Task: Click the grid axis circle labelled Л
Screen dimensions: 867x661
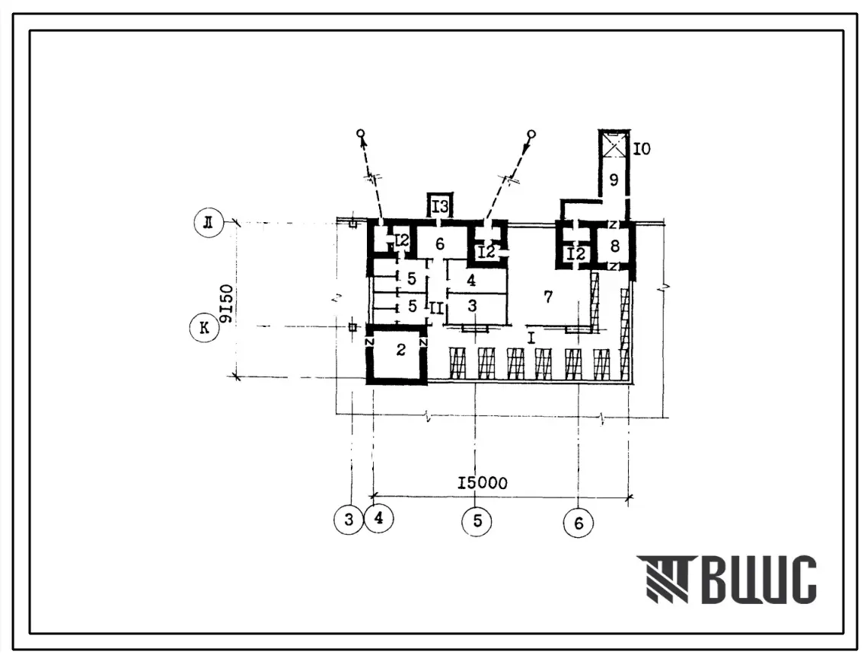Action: point(209,223)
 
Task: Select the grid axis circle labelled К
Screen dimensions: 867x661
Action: point(204,328)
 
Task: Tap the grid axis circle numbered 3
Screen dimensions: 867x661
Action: point(349,520)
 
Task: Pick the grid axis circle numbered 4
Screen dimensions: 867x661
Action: point(379,519)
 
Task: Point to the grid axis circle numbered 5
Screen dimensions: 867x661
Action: point(477,520)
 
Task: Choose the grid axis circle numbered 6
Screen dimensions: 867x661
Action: point(579,523)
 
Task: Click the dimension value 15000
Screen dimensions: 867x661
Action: point(482,483)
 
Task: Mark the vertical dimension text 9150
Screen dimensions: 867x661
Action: point(227,303)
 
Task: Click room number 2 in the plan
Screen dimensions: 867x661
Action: point(401,349)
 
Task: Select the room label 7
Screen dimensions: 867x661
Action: point(548,297)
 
